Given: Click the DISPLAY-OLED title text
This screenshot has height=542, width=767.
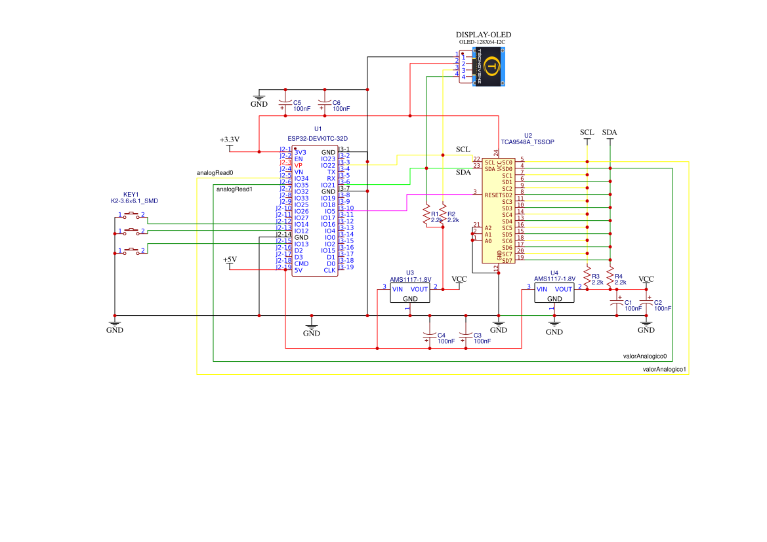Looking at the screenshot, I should tap(483, 35).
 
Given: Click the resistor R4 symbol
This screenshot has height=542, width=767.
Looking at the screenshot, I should tap(610, 277).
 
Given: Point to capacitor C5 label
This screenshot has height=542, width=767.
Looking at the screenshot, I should tap(297, 103).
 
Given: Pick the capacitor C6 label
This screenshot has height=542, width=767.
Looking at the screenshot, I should tap(337, 103).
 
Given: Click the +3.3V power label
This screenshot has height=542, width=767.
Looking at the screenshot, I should tap(230, 140).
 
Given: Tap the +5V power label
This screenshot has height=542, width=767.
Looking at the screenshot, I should tap(230, 260).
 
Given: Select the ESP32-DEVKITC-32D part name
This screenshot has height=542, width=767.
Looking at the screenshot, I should tap(318, 138).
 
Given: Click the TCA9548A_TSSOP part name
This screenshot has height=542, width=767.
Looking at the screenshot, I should tap(528, 142).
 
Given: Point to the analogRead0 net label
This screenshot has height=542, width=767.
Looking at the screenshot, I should tap(215, 173).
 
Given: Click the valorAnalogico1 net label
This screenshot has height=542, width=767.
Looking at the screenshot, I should tap(664, 370).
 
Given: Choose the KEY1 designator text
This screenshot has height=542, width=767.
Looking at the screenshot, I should tap(131, 195).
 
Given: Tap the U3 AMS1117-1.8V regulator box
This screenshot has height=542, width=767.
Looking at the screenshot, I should tap(410, 293).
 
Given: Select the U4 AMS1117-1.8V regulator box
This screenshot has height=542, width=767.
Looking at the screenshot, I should tap(554, 293).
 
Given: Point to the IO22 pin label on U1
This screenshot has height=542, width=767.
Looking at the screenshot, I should tap(328, 165).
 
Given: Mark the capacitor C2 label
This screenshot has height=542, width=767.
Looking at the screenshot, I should tap(659, 302).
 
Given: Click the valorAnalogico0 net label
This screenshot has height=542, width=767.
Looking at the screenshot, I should tap(644, 357).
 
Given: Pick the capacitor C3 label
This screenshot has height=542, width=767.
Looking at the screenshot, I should tap(478, 335).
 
